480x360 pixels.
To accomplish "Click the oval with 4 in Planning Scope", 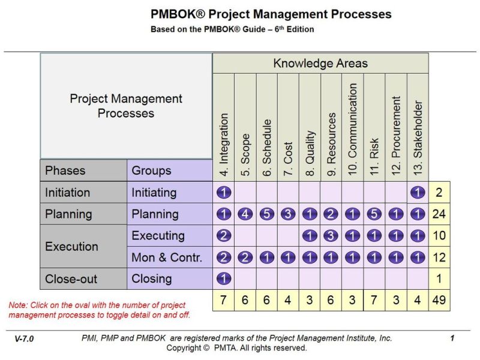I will click(x=245, y=214).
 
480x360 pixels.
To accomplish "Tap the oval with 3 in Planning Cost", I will click(x=288, y=214).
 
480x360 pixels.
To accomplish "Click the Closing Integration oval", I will click(x=223, y=279).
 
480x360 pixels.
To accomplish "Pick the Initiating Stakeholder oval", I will click(x=418, y=193).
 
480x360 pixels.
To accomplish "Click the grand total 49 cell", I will click(x=439, y=300).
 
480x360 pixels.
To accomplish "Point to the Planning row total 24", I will click(x=439, y=214).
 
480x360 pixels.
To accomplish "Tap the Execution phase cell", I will click(x=72, y=247).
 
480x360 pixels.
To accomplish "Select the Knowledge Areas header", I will click(x=320, y=63).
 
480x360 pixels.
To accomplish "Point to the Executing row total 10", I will click(x=439, y=236).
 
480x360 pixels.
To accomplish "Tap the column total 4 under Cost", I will click(x=288, y=300).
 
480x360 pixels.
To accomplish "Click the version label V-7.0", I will click(x=24, y=339).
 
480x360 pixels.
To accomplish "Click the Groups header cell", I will click(x=151, y=171).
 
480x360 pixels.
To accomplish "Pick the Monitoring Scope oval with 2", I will click(x=245, y=257).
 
